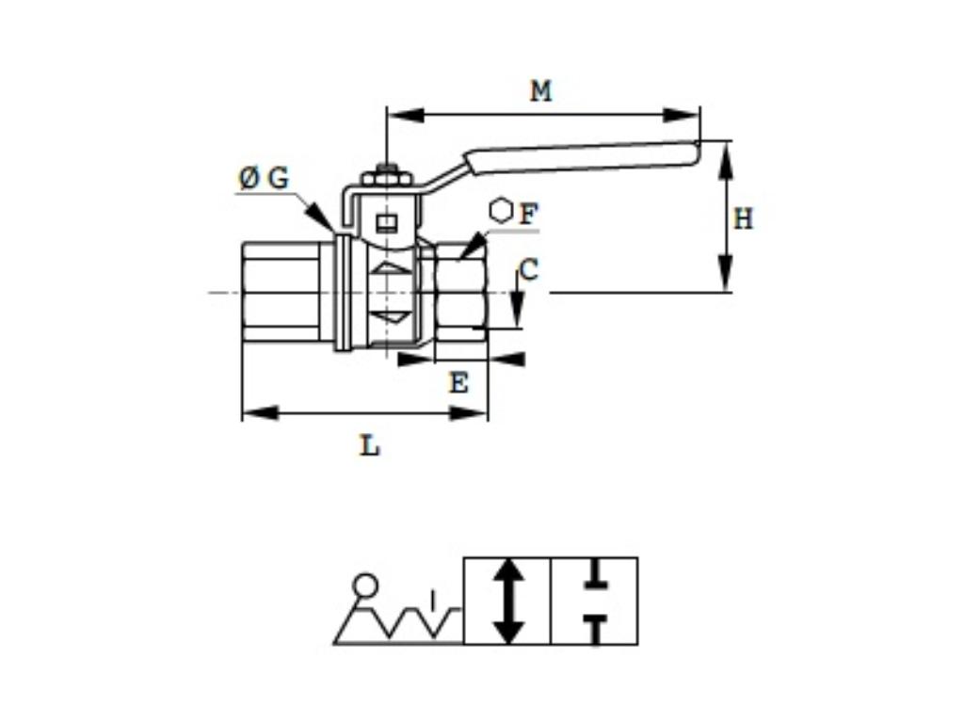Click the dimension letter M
point(540,91)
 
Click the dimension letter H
point(743,219)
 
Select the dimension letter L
point(370,445)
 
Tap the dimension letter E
point(458,383)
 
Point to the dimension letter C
point(529,271)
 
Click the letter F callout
point(529,215)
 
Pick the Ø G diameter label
point(264,178)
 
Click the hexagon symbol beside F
point(502,211)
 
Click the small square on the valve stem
point(385,223)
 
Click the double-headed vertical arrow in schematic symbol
point(507,601)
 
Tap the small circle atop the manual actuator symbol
point(364,586)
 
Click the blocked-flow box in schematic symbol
point(594,601)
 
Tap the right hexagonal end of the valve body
point(460,292)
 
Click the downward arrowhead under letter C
point(517,310)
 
